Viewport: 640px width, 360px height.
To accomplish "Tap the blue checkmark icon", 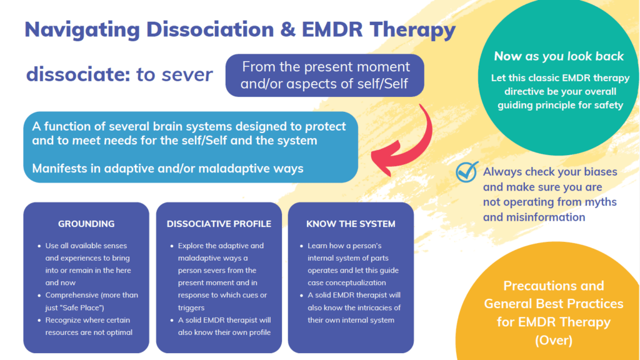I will click(x=467, y=172).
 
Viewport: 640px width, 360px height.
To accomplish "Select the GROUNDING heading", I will click(x=86, y=224).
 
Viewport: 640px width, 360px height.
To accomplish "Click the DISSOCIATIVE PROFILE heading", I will click(x=219, y=224).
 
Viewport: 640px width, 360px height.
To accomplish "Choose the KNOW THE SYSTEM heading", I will click(x=351, y=224).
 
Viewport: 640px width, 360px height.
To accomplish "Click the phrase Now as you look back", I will click(x=559, y=56).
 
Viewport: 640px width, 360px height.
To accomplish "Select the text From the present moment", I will click(x=326, y=67).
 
